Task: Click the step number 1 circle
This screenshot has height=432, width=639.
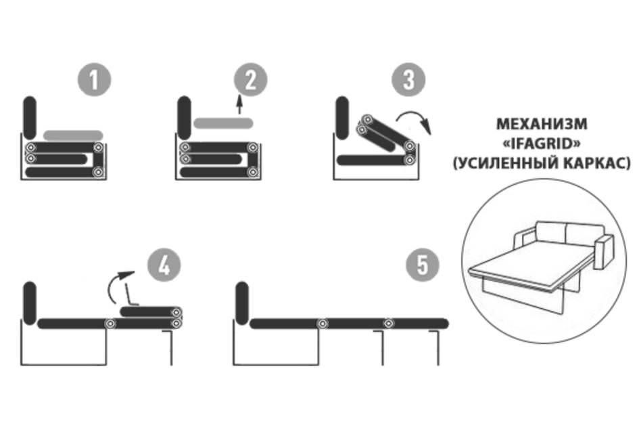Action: tap(94, 79)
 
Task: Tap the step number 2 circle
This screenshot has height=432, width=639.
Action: tap(251, 79)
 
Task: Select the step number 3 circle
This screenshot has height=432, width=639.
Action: tap(408, 79)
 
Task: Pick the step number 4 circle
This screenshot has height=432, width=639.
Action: tap(164, 265)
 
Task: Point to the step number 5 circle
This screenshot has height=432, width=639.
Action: tap(423, 265)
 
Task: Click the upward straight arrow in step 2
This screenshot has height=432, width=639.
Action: tap(240, 105)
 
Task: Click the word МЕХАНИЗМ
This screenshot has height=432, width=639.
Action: tap(542, 124)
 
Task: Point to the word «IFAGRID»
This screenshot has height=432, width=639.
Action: tap(542, 144)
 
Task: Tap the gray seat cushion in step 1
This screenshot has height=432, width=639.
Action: tap(73, 135)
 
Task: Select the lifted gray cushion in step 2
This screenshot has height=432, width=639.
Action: tap(223, 123)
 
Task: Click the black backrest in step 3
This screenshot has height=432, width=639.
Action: tap(343, 117)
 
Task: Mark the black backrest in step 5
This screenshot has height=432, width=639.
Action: tap(242, 303)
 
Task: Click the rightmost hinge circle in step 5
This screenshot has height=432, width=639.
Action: tap(389, 324)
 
